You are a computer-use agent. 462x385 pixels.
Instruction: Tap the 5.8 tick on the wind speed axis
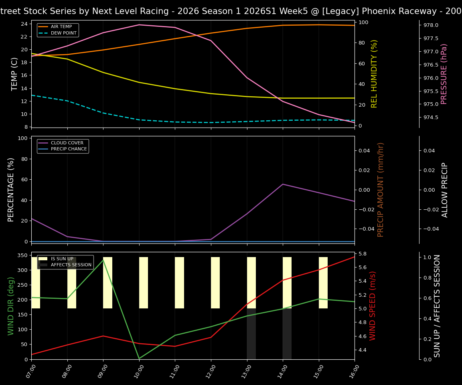pyautogui.click(x=363, y=254)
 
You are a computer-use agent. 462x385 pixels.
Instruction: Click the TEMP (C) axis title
pyautogui.click(x=14, y=74)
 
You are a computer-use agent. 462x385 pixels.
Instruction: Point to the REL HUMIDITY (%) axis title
pyautogui.click(x=374, y=74)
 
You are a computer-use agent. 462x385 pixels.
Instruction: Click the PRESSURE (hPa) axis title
pyautogui.click(x=444, y=74)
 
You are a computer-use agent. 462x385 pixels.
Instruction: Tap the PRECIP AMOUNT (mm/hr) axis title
pyautogui.click(x=381, y=190)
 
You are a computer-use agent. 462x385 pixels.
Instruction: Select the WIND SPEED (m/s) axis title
pyautogui.click(x=373, y=306)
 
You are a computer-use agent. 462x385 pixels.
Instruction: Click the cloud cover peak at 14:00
pyautogui.click(x=283, y=184)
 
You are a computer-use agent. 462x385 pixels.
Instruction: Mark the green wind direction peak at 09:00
pyautogui.click(x=103, y=260)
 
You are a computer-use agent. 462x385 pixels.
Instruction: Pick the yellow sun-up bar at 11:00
pyautogui.click(x=179, y=283)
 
